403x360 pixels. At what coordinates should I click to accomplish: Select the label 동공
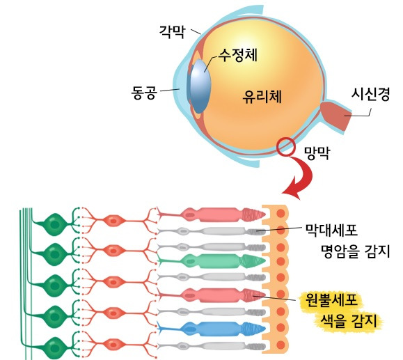[147, 91]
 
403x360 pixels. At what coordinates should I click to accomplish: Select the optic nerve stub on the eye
[338, 116]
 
